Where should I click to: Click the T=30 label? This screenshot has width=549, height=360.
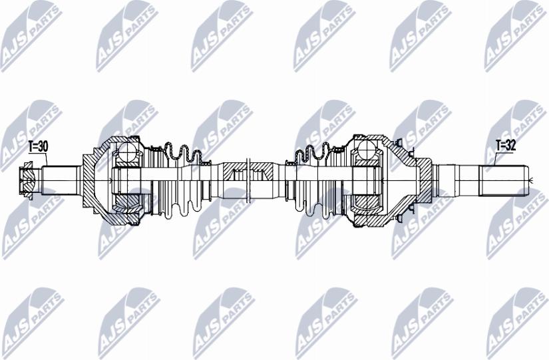coord(38,146)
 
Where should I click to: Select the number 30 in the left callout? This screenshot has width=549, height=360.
coord(43,146)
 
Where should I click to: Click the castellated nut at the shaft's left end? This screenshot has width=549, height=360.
coord(27,178)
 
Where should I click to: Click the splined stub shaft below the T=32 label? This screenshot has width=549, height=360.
coord(506,178)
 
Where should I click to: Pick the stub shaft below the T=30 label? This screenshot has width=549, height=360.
coord(60,178)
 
